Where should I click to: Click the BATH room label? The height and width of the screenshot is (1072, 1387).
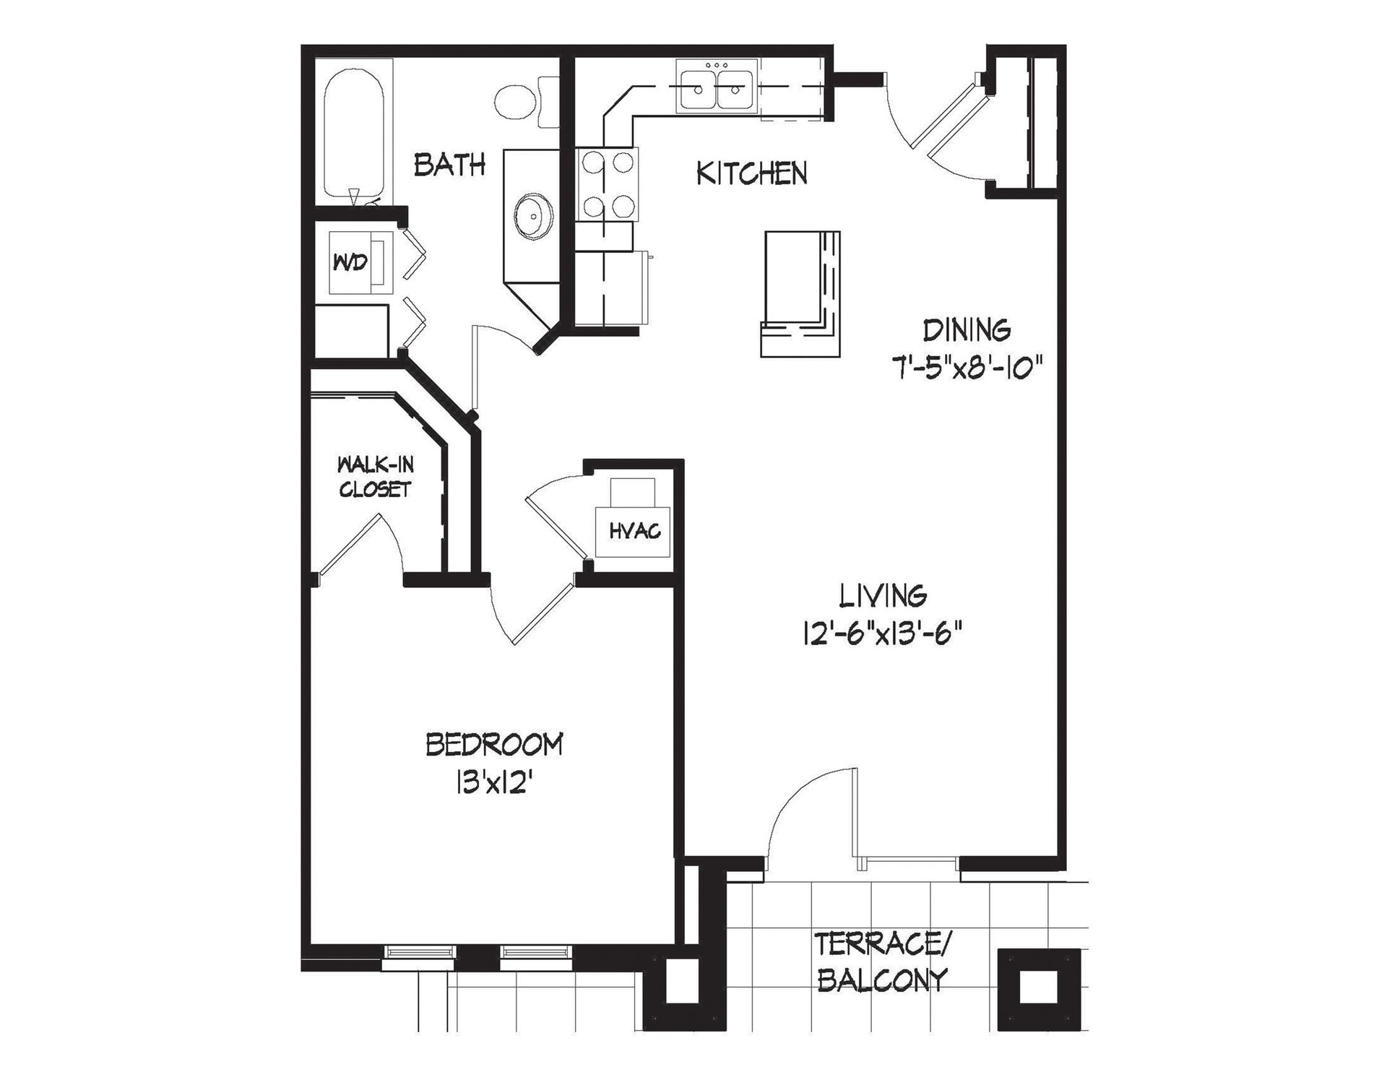(x=449, y=165)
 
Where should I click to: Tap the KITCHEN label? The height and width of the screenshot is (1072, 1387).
(x=751, y=173)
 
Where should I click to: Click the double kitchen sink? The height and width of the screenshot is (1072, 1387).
(x=717, y=86)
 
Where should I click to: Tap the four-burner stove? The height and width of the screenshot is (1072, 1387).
(x=608, y=184)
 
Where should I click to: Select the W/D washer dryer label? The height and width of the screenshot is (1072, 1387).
(x=350, y=262)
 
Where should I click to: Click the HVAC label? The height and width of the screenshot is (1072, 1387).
(x=635, y=532)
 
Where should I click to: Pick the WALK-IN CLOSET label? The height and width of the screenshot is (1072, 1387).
(x=375, y=477)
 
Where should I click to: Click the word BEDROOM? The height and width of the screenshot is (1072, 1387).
(x=494, y=745)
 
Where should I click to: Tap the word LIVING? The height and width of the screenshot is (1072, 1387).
(x=883, y=596)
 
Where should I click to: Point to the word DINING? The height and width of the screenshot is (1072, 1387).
(x=967, y=330)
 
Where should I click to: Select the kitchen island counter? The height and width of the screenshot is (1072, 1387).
(x=800, y=294)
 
